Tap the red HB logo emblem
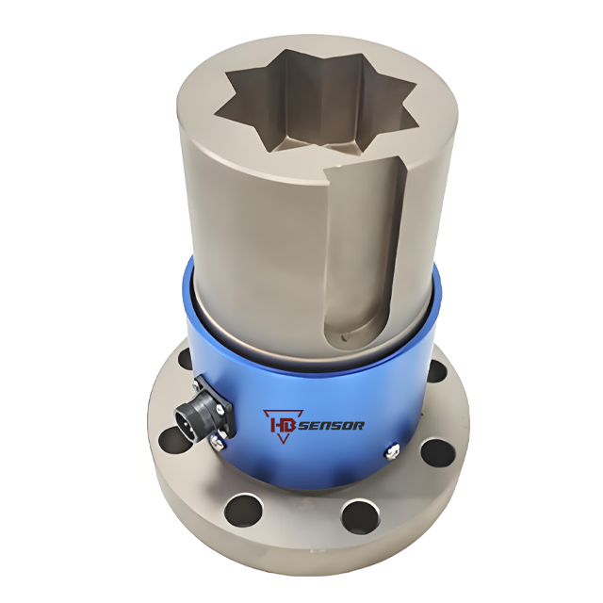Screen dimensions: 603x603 click(x=283, y=426)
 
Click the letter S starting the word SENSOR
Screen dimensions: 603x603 click(x=303, y=426)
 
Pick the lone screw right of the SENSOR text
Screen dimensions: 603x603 click(x=393, y=451)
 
